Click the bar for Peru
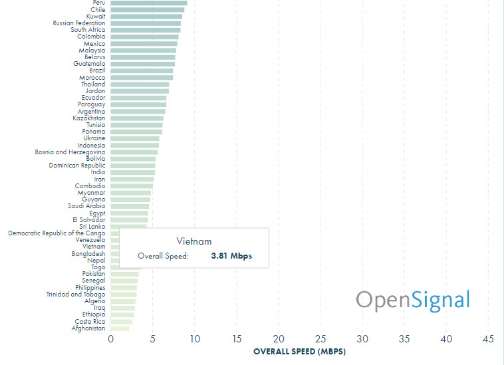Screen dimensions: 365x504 [x=148, y=3]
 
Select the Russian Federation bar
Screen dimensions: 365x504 [x=145, y=23]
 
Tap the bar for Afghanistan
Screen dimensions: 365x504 [x=120, y=328]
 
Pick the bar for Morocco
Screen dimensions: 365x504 [x=142, y=78]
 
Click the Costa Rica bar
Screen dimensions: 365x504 [x=121, y=322]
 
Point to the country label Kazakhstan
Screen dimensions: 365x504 [x=89, y=118]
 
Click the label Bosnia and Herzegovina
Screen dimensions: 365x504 [x=70, y=152]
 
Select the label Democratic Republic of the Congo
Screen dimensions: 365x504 [x=57, y=233]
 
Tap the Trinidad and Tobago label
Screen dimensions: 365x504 [x=75, y=295]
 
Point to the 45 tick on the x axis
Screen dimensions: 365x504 [x=489, y=340]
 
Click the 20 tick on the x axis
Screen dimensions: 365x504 [x=279, y=340]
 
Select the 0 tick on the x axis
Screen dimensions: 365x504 [x=110, y=340]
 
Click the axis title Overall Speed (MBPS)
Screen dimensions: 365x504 [x=300, y=352]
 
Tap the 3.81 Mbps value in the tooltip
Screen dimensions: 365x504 [x=231, y=256]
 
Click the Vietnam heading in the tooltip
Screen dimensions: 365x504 [x=193, y=241]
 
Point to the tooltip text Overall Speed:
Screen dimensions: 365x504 [x=164, y=256]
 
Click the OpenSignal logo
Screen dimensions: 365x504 [x=412, y=300]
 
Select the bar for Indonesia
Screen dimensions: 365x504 [x=134, y=146]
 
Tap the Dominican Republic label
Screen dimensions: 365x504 [x=77, y=166]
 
